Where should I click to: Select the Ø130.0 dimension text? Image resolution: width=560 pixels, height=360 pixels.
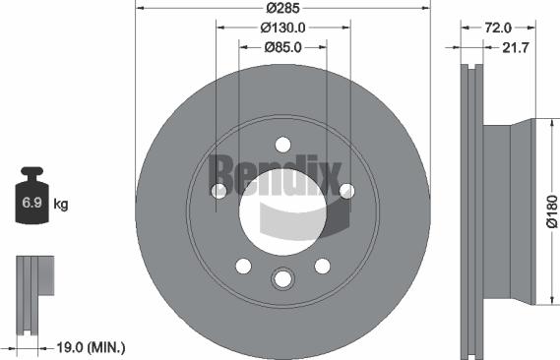coord(283,28)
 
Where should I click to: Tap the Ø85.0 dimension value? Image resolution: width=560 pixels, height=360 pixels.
coord(283,46)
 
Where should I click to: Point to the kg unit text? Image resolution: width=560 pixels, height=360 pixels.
coord(60,205)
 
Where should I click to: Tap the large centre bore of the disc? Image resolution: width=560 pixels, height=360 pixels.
coord(282,211)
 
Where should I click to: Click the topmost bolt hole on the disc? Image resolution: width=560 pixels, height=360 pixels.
coord(282,144)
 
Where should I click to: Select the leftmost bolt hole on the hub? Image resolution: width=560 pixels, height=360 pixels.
coord(218,191)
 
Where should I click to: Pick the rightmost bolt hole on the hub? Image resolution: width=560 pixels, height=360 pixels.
coord(346,191)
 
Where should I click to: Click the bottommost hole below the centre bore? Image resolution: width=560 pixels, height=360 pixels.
coord(282,279)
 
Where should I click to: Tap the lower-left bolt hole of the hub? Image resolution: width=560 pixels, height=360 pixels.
coord(243,266)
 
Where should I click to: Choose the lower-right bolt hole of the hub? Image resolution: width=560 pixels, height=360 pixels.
coord(322,266)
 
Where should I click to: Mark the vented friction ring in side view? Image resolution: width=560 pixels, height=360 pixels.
coord(473,211)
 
